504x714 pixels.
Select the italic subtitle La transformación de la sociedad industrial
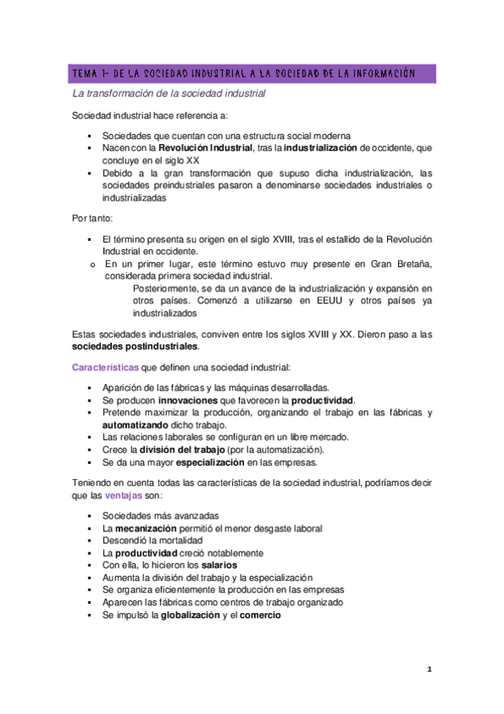click(x=168, y=93)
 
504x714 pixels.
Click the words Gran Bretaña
click(x=400, y=264)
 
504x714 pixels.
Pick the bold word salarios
click(x=201, y=565)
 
